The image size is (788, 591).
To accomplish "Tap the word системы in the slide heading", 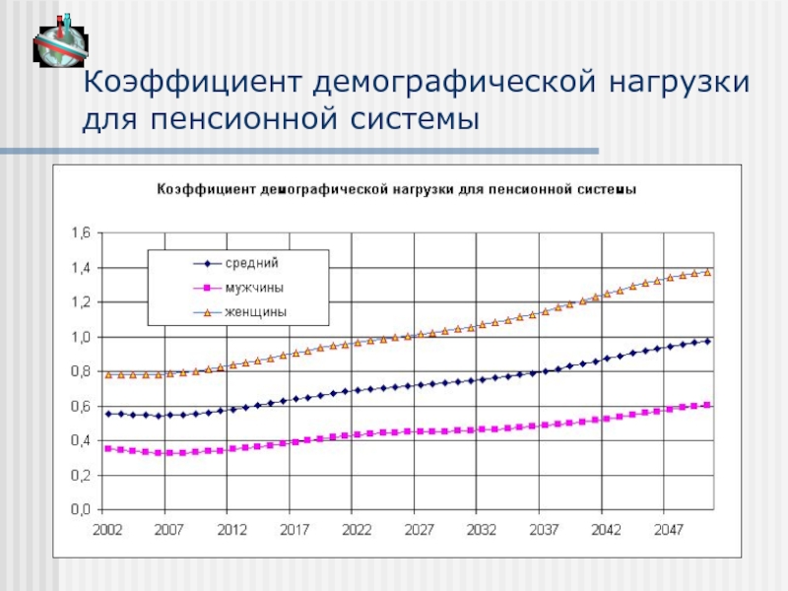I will (x=411, y=121).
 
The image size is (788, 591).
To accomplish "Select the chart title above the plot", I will (x=393, y=188).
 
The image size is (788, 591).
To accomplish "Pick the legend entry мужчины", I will (x=255, y=288).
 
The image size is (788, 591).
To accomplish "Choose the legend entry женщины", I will (x=255, y=312).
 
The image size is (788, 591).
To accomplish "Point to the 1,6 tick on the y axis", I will (x=79, y=233).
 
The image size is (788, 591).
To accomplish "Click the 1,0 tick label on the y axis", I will (x=79, y=337).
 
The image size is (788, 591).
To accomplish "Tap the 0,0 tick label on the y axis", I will (x=79, y=510).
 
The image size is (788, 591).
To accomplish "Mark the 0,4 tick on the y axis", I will (x=79, y=441).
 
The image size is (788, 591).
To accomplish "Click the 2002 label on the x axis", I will (x=108, y=529).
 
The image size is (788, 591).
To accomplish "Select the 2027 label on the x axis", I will (x=420, y=529).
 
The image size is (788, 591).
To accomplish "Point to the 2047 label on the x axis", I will (x=669, y=529).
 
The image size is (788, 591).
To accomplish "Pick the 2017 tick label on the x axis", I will (x=295, y=529).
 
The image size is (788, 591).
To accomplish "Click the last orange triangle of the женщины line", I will (x=707, y=272).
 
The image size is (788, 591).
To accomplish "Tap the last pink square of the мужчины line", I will (x=707, y=405).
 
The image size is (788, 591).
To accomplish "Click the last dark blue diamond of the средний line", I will (x=707, y=341).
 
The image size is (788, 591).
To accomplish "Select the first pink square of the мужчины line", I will (x=108, y=448).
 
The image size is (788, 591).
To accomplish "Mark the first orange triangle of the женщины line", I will (x=108, y=374).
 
